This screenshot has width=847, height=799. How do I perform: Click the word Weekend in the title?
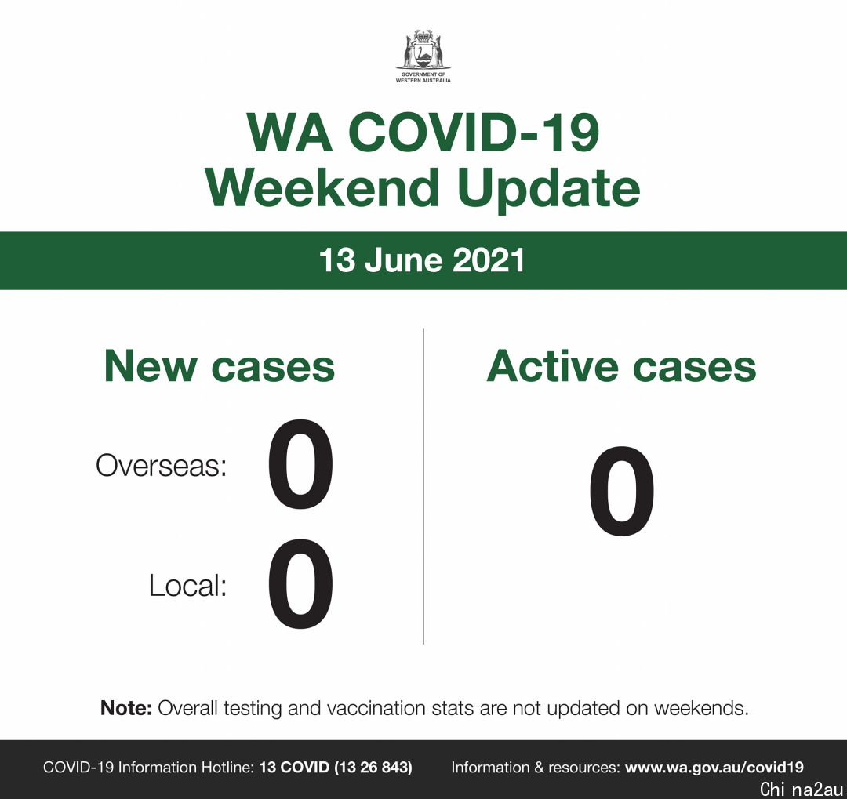click(322, 187)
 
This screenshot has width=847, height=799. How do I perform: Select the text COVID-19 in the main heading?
click(473, 133)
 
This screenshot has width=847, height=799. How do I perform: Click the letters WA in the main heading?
click(289, 133)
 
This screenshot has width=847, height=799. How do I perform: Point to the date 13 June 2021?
click(422, 260)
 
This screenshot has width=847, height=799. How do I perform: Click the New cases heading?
click(220, 366)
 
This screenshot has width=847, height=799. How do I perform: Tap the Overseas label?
click(161, 465)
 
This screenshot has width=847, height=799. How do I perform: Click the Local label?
click(187, 585)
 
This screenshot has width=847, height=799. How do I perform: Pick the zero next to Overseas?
click(301, 465)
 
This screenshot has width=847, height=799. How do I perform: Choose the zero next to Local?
click(301, 585)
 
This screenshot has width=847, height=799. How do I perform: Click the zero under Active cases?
click(622, 491)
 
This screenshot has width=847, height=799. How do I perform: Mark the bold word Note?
click(126, 708)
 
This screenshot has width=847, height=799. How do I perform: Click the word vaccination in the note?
click(380, 708)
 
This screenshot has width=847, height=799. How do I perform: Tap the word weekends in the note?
click(701, 708)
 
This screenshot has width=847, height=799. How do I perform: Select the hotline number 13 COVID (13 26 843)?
click(336, 768)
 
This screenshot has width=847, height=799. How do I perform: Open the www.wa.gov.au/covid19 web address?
click(714, 768)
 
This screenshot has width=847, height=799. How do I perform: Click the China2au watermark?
click(801, 790)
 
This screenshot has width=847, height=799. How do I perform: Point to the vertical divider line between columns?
click(423, 485)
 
